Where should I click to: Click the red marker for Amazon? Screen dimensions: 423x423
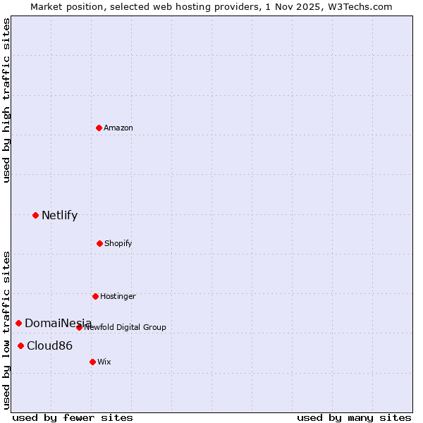click(99, 128)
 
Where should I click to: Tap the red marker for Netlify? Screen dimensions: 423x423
click(35, 215)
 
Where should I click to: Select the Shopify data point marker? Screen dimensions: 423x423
click(99, 243)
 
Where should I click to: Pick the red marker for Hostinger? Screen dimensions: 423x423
click(95, 296)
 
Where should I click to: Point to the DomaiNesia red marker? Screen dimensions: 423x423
click(18, 323)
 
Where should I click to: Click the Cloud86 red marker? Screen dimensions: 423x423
click(20, 345)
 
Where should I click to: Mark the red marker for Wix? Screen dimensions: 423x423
click(92, 362)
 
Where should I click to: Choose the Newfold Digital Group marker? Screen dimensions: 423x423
click(79, 327)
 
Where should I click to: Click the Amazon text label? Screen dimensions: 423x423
click(118, 128)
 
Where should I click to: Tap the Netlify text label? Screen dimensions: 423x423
click(59, 215)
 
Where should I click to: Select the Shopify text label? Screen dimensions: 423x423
click(118, 243)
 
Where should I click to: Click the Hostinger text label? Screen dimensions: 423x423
click(118, 296)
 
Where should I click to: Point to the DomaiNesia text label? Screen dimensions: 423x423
click(58, 323)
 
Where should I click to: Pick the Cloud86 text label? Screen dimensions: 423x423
click(49, 345)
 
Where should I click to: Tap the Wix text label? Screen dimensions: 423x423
click(104, 362)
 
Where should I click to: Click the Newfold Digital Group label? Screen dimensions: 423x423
click(125, 327)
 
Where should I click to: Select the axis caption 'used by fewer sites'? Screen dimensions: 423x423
click(73, 417)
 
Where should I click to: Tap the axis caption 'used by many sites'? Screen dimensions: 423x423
click(354, 417)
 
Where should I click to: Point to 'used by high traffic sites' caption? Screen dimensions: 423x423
click(6, 100)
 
